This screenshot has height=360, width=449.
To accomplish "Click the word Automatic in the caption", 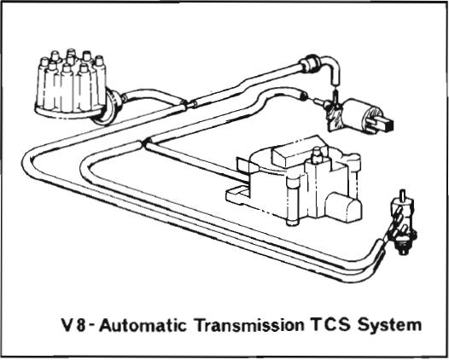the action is (x=143, y=325).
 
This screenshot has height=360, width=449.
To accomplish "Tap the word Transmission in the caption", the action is (x=249, y=325).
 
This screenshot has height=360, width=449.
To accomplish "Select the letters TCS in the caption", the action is (x=330, y=325).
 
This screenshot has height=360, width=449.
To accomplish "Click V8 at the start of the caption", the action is (x=74, y=325).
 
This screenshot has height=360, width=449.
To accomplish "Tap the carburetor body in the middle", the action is (x=295, y=183).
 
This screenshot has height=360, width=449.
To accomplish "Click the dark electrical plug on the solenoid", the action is (x=386, y=124).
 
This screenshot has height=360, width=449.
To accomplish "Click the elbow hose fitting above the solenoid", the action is (x=322, y=68).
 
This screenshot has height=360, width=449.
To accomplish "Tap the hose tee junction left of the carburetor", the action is (x=144, y=142).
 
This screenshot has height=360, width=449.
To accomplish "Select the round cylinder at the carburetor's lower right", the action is (x=343, y=206).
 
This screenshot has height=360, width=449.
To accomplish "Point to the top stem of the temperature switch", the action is (x=403, y=195).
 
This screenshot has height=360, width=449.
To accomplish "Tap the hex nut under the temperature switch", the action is (x=404, y=248).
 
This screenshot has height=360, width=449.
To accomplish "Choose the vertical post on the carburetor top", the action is (x=317, y=155).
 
